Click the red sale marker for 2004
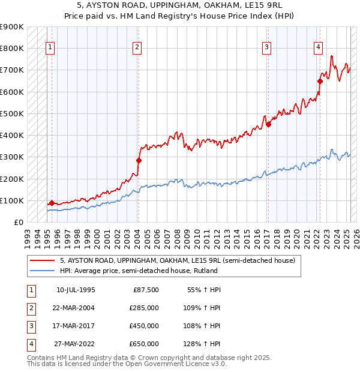(139, 160)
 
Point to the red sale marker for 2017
(269, 124)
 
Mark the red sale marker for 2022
(320, 81)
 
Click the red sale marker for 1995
(52, 203)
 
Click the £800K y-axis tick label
(12, 48)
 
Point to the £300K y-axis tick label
(12, 157)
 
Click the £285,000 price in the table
(144, 308)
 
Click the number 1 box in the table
(30, 290)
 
